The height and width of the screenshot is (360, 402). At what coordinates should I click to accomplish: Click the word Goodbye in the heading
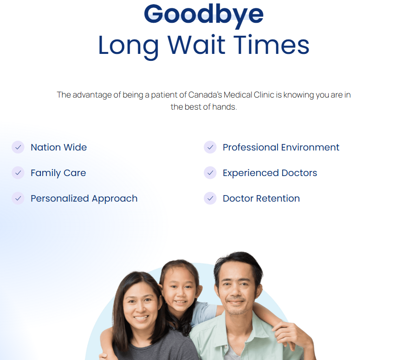click(204, 15)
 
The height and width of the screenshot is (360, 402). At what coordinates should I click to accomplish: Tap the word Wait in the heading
click(196, 45)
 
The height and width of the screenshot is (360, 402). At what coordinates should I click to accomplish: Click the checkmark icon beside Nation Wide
click(18, 147)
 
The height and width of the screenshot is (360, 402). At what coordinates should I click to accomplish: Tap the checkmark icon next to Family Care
click(18, 173)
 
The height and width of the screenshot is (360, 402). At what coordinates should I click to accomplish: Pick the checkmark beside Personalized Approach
click(18, 198)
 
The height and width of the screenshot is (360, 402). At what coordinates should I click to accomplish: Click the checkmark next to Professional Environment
click(210, 147)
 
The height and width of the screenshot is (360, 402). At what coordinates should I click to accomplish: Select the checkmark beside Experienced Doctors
click(210, 173)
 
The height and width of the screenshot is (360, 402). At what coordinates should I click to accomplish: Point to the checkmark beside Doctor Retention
click(210, 198)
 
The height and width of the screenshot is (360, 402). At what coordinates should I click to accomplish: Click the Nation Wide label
click(58, 147)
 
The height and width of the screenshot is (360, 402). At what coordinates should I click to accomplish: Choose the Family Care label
click(58, 173)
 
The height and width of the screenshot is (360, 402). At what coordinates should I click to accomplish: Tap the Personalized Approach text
click(84, 199)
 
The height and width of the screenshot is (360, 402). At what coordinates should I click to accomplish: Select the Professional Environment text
click(281, 147)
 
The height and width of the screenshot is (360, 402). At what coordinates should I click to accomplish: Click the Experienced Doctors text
click(270, 173)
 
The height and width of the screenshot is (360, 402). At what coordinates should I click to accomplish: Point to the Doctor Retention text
click(261, 198)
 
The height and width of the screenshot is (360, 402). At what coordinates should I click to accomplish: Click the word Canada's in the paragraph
click(205, 95)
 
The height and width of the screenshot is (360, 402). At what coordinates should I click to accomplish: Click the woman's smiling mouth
click(141, 318)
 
